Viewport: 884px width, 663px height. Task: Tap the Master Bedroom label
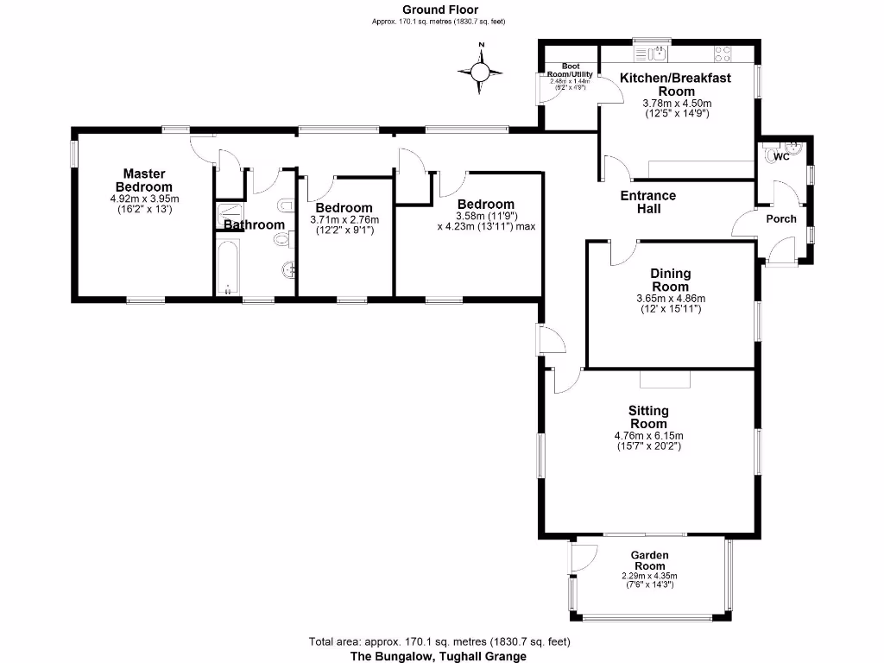click(144, 180)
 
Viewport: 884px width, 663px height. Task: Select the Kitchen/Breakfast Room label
click(675, 84)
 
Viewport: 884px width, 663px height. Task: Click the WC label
click(780, 157)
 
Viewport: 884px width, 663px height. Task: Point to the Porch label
click(781, 218)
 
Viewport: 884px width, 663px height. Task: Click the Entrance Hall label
click(647, 202)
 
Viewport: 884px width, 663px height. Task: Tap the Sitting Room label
click(648, 417)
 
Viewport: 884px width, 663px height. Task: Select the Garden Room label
click(649, 560)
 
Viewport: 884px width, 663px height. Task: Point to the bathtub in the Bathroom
click(228, 268)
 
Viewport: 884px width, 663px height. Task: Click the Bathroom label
click(254, 225)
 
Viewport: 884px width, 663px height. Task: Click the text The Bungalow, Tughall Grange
click(438, 656)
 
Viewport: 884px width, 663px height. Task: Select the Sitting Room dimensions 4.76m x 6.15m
click(648, 440)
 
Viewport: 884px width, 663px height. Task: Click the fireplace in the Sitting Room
click(665, 380)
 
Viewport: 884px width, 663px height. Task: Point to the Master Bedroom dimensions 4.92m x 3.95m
click(144, 203)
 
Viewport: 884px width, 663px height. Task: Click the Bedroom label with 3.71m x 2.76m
click(344, 208)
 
